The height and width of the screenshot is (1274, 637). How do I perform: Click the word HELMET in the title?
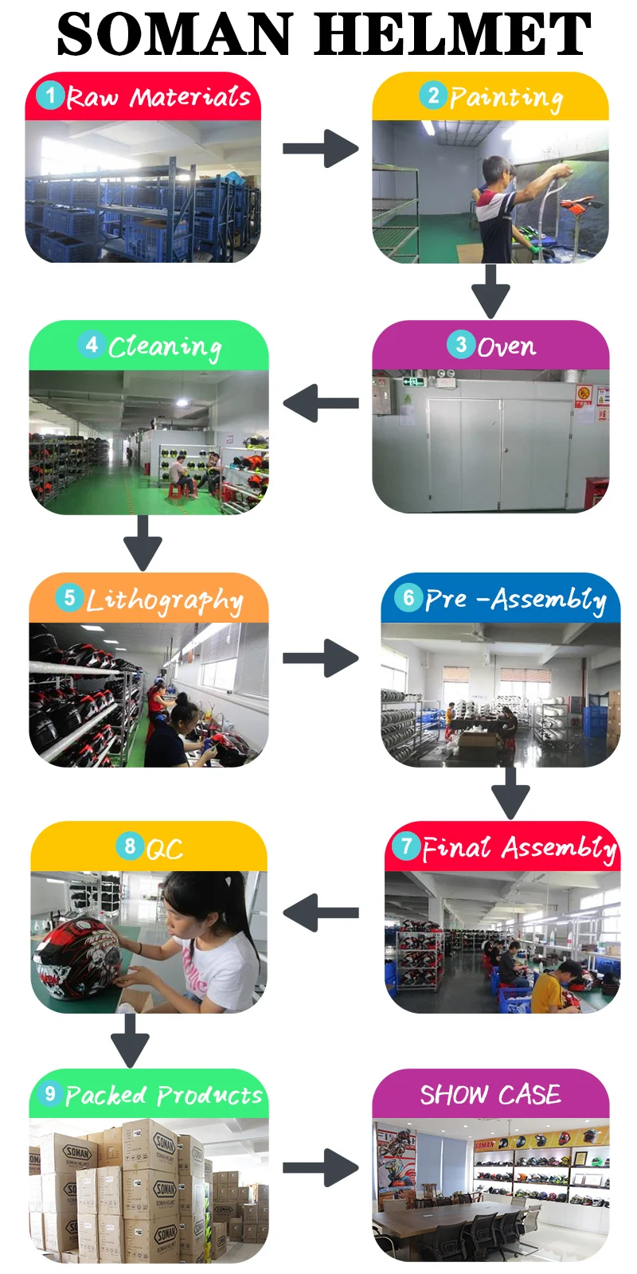453,35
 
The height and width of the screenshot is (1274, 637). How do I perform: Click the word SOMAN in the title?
174,35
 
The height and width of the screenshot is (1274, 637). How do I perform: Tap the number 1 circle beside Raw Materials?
50,96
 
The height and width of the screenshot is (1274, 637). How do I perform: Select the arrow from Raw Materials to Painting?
320,149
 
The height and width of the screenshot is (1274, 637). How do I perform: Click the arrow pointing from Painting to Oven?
490,291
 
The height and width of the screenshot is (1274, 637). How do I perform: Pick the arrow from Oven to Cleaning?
320,403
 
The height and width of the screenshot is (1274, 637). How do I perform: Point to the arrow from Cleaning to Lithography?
143,541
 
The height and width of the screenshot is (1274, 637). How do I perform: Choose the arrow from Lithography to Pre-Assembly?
320,658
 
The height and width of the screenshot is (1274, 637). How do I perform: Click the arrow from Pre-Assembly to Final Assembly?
510,792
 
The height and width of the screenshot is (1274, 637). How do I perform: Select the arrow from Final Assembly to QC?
320,913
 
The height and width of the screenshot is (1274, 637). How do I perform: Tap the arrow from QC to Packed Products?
130,1039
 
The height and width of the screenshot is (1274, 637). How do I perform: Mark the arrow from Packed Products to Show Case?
320,1168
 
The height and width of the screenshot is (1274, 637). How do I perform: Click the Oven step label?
506,346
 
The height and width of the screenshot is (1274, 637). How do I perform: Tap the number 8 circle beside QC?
130,846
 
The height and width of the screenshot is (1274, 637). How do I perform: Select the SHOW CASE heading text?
490,1095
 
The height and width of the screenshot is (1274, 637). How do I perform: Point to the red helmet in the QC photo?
76,955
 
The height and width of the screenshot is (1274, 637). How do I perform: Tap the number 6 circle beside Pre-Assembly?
408,598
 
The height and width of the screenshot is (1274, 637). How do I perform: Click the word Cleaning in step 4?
164,347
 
